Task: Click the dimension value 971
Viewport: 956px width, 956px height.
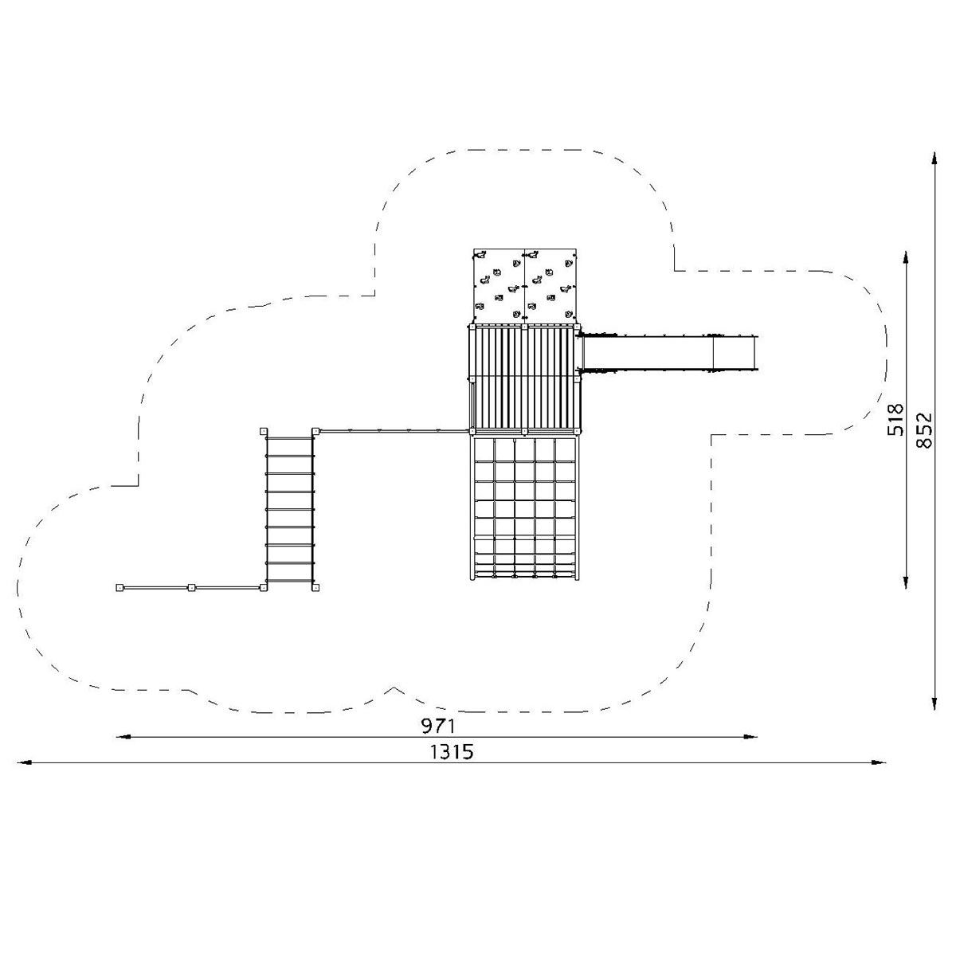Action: [x=438, y=727]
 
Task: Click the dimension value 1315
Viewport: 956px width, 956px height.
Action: [x=452, y=752]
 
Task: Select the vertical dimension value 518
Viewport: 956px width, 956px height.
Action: [x=895, y=420]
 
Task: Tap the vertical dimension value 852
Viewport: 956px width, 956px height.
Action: [x=924, y=430]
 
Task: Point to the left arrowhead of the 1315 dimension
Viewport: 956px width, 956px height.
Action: [x=24, y=762]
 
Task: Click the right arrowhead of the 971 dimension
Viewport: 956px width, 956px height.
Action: [x=750, y=737]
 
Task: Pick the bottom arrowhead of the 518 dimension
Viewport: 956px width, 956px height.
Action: [x=905, y=582]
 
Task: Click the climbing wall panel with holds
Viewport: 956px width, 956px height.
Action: [x=525, y=286]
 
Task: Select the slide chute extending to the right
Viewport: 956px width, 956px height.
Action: [x=668, y=353]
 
